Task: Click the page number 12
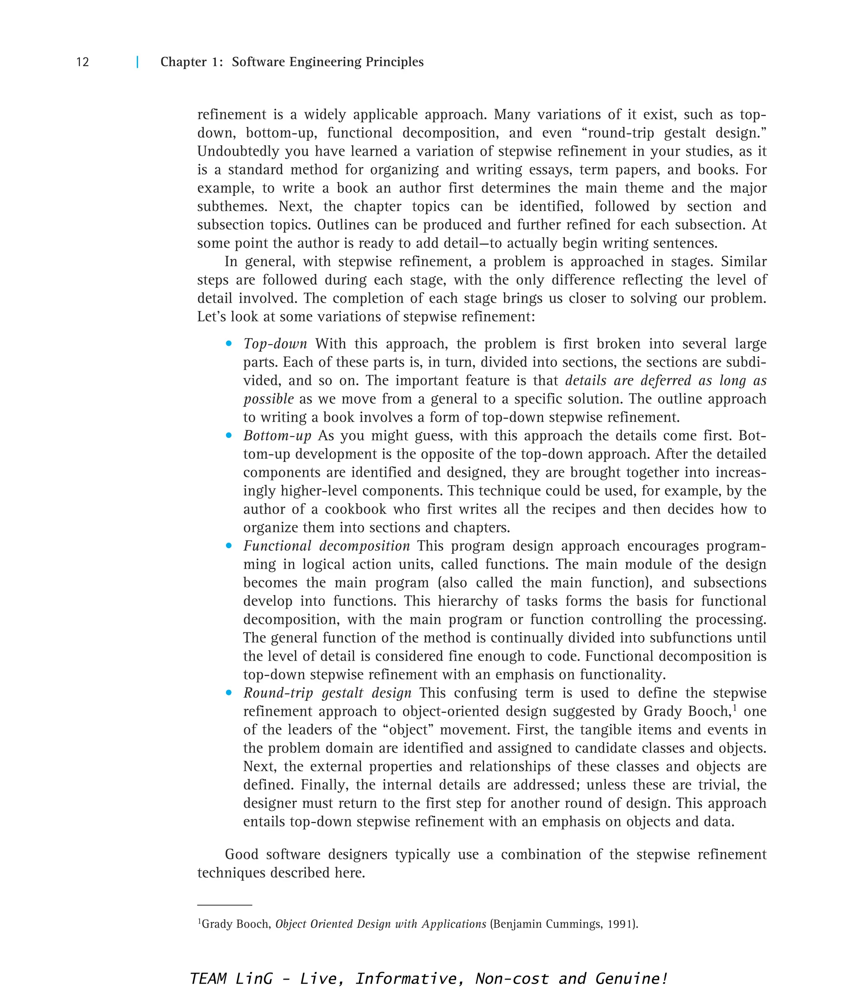[82, 62]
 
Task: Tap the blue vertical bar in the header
[138, 62]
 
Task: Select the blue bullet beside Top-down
[229, 343]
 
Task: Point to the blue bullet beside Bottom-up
[229, 435]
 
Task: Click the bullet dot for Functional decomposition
[229, 546]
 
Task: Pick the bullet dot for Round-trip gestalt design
[229, 693]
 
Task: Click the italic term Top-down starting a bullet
[275, 344]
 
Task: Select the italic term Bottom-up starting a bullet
[277, 436]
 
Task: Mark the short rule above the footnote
[225, 905]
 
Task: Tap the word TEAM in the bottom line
[208, 979]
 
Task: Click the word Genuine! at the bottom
[631, 979]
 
